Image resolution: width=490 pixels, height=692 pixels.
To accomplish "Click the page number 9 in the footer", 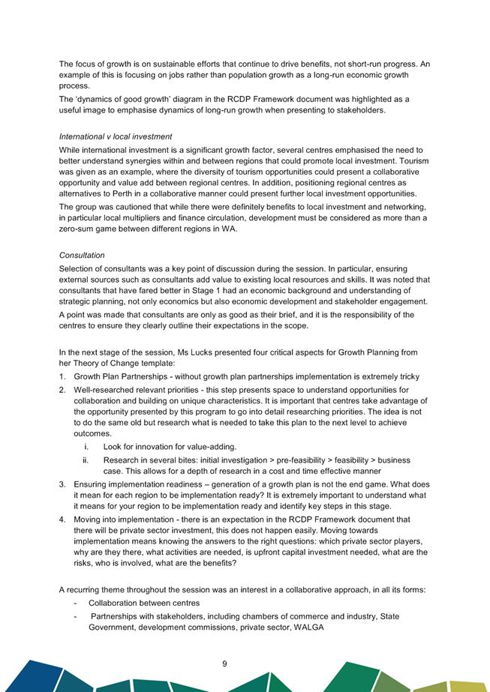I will pos(224,663).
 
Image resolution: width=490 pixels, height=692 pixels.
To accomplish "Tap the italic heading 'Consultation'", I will pos(82,255).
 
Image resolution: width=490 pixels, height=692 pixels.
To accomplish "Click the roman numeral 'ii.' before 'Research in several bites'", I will pos(86,460).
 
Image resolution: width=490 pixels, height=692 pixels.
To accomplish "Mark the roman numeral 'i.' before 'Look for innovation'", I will pos(87,447).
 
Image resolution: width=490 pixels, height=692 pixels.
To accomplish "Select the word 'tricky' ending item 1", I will pos(407,376).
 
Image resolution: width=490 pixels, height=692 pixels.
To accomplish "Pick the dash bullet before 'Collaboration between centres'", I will pos(76,604).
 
